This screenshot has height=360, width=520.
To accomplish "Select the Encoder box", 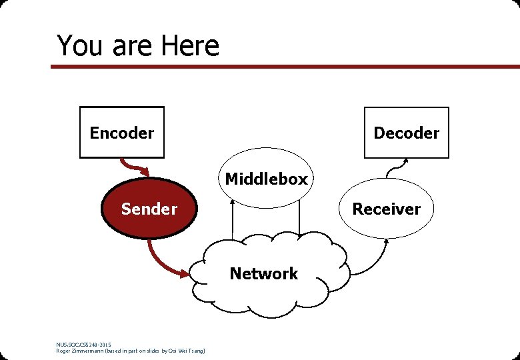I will pyautogui.click(x=122, y=133).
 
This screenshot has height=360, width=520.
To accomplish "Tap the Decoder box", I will pyautogui.click(x=406, y=133).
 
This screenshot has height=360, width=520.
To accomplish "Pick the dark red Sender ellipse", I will pyautogui.click(x=149, y=209).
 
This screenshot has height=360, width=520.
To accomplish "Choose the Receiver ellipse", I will pyautogui.click(x=387, y=209).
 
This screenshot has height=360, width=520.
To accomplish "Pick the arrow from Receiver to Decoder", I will pyautogui.click(x=397, y=167).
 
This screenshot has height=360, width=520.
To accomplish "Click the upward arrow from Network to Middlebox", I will pyautogui.click(x=231, y=220).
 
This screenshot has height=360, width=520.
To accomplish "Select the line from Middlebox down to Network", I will pyautogui.click(x=299, y=220).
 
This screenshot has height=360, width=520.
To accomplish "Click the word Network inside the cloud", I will pyautogui.click(x=264, y=273).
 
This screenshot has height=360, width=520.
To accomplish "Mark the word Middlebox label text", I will pyautogui.click(x=267, y=179).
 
